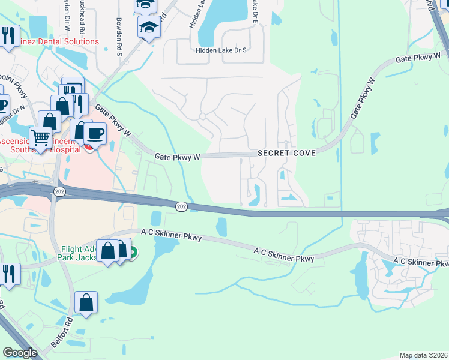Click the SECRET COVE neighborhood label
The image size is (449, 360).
[x=286, y=153]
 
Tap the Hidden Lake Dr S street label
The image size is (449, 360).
[x=221, y=51]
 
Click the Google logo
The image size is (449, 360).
[x=20, y=353]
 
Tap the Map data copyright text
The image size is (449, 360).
[x=423, y=355]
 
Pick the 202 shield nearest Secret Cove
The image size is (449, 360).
[x=181, y=206]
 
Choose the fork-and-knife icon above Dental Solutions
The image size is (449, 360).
[x=8, y=34]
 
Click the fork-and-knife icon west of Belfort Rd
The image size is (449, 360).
[x=8, y=273]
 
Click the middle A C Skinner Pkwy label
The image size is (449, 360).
[x=284, y=254]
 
